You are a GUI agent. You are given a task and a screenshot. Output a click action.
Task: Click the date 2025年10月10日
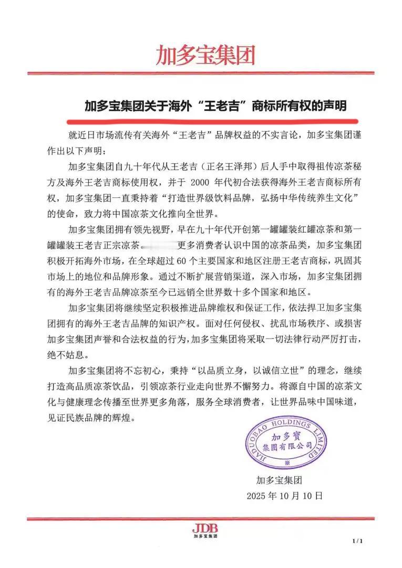(x=284, y=496)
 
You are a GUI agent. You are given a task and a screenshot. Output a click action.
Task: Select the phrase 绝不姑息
(x=79, y=354)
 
